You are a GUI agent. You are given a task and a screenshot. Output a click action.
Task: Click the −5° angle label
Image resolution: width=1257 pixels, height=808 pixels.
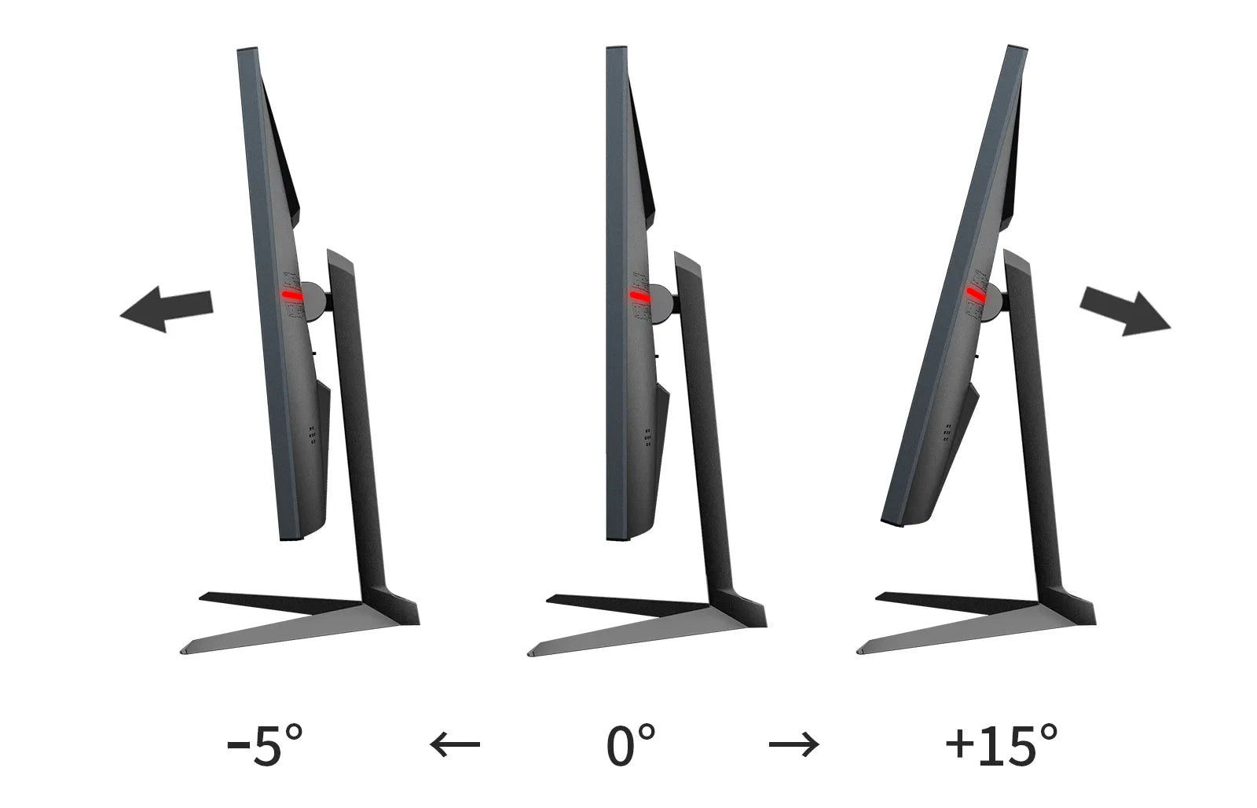pos(264,745)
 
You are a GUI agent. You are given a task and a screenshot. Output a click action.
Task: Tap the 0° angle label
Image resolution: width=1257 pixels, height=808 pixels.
pos(631,745)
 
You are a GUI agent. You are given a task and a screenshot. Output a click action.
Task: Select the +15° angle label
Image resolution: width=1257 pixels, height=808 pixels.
pos(1001,745)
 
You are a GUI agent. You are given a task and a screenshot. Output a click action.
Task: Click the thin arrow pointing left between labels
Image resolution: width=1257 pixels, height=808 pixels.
pos(455,744)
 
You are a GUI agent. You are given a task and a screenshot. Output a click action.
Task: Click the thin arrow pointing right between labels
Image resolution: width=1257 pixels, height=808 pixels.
pos(793,744)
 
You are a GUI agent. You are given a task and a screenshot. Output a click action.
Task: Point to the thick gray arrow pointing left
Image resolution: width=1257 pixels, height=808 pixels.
pos(167,309)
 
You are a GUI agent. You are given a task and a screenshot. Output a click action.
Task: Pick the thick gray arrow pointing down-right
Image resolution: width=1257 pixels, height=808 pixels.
pos(1125,312)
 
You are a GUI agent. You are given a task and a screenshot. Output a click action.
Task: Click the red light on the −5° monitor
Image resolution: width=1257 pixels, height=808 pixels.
pos(291,295)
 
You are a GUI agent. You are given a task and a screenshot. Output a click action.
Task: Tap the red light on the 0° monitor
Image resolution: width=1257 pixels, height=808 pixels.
pos(639,296)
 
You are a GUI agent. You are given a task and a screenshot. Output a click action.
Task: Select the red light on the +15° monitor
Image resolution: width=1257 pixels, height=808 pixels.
pos(975,293)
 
